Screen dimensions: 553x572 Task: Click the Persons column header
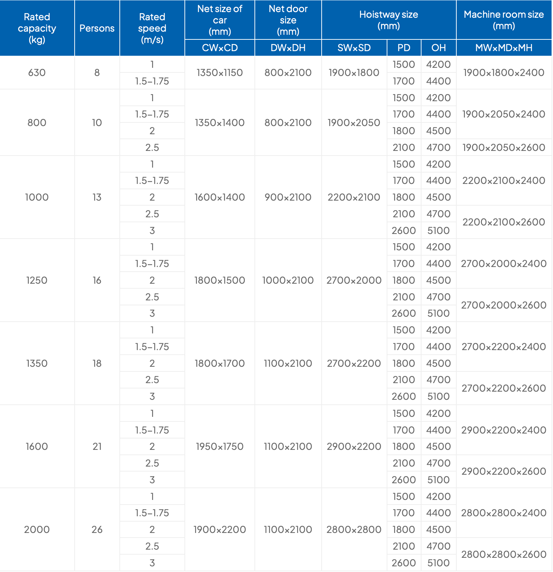tap(97, 28)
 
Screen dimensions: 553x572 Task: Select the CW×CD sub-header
tap(220, 48)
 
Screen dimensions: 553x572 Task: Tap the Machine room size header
tap(504, 20)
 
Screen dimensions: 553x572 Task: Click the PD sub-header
tap(404, 48)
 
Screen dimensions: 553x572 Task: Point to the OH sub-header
tap(439, 48)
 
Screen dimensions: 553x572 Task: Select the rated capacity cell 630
tap(37, 72)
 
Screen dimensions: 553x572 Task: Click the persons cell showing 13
tap(97, 197)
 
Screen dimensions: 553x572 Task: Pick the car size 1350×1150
tap(220, 72)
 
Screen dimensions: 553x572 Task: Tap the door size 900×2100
tap(288, 197)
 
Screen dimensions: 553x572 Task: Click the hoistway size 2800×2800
tap(354, 529)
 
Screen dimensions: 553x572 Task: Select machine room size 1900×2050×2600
tap(504, 147)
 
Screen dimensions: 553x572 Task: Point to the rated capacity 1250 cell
tap(37, 280)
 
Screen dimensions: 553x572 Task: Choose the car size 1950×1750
tap(220, 446)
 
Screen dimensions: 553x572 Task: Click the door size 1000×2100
tap(288, 280)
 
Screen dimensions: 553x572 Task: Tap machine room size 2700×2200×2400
tap(504, 347)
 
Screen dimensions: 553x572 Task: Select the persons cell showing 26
tap(97, 529)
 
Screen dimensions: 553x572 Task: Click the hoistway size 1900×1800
tap(354, 72)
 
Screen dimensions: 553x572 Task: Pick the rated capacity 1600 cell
tap(37, 446)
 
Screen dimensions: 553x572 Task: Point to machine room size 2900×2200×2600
tap(504, 471)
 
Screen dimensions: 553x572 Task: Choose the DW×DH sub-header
tap(288, 48)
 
